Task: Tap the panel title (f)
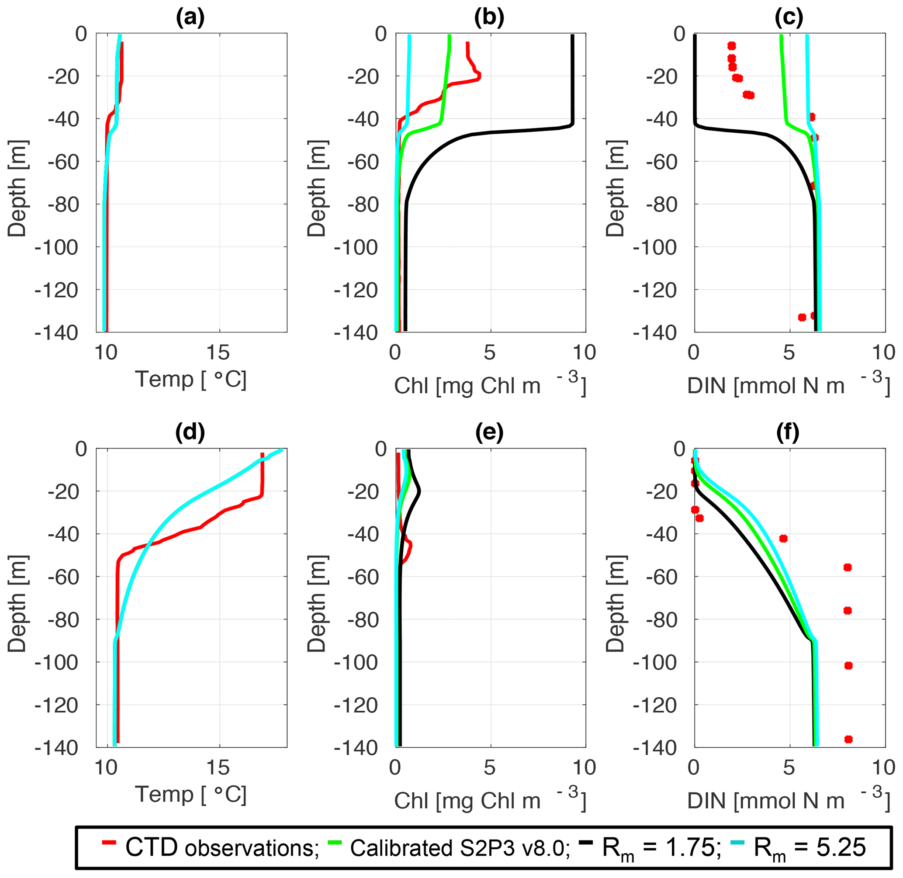[x=788, y=432]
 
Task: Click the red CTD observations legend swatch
[x=109, y=842]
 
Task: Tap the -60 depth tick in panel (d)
[x=63, y=577]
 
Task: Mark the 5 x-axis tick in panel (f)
[x=789, y=768]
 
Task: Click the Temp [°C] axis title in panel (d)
[x=190, y=794]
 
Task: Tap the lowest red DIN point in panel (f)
[x=848, y=740]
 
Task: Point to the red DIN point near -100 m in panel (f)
[x=848, y=665]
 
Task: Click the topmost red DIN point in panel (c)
[x=731, y=46]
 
